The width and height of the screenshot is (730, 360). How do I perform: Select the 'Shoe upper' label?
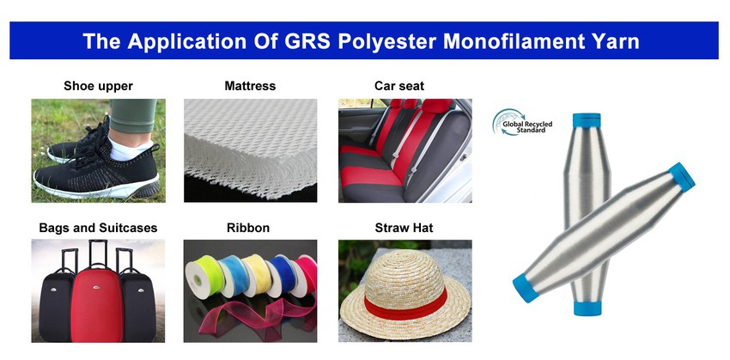[98, 86]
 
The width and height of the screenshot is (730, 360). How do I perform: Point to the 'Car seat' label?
[399, 86]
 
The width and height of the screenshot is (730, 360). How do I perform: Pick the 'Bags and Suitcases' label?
[98, 228]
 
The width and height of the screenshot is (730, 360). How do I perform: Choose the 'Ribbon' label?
[247, 228]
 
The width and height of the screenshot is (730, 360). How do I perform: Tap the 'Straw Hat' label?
[404, 228]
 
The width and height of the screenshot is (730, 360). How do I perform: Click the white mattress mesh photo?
[250, 150]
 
